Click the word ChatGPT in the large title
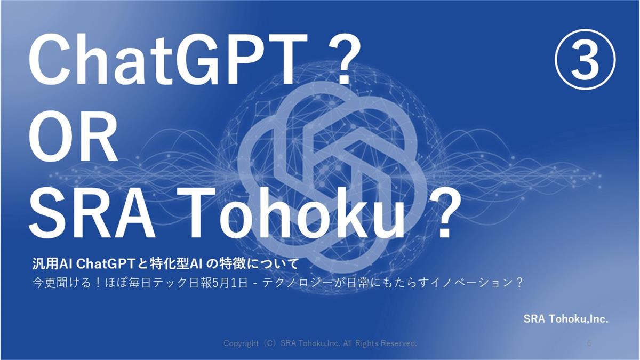(167, 59)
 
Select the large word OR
(73, 139)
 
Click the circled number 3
(585, 59)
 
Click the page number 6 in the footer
(589, 343)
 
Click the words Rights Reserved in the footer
(386, 343)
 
